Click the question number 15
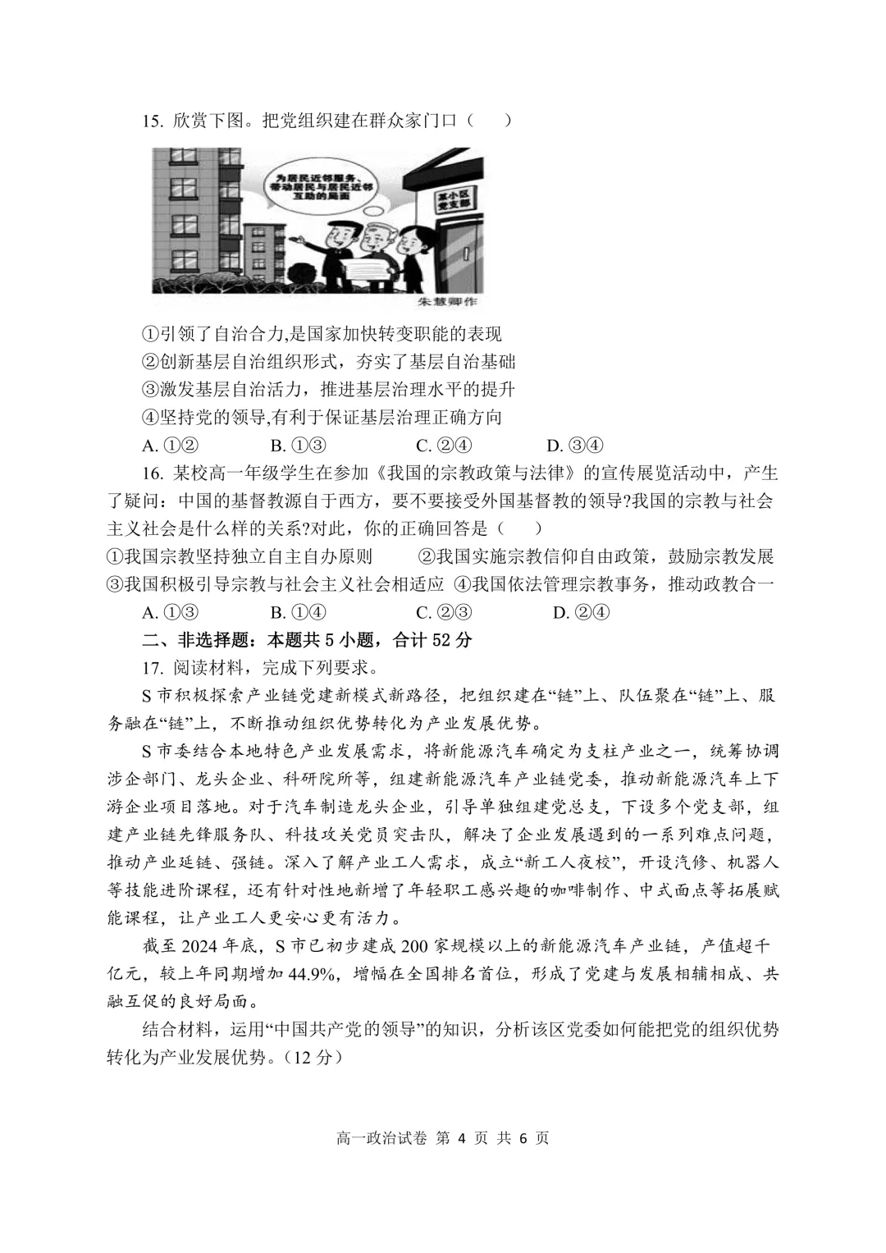pyautogui.click(x=153, y=121)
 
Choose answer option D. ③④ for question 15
pyautogui.click(x=574, y=446)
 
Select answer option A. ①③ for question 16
pyautogui.click(x=171, y=612)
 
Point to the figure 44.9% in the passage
pyautogui.click(x=311, y=974)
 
